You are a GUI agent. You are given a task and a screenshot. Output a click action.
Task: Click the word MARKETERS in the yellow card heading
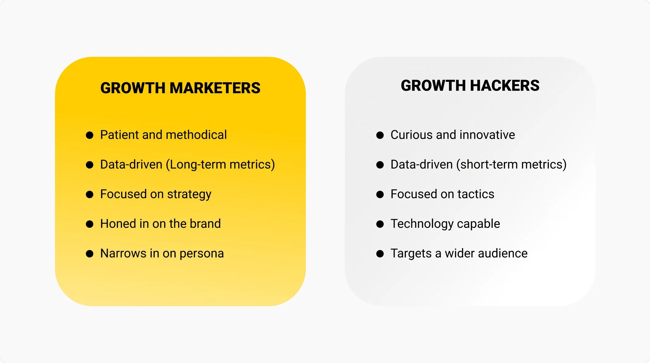(215, 88)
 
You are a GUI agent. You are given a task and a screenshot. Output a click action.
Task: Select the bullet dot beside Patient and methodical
(90, 135)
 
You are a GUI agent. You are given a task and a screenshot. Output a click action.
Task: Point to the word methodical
(196, 135)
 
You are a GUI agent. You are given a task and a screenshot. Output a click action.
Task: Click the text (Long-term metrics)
(220, 165)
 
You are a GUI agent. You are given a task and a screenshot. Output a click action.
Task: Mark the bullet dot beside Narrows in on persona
(90, 254)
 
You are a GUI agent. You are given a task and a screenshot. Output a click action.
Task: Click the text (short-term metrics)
(511, 165)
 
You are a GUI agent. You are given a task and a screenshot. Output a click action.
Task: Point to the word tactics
(476, 194)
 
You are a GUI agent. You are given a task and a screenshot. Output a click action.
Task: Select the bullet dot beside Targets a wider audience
(380, 254)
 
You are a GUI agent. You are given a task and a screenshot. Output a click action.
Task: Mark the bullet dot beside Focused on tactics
(380, 194)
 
